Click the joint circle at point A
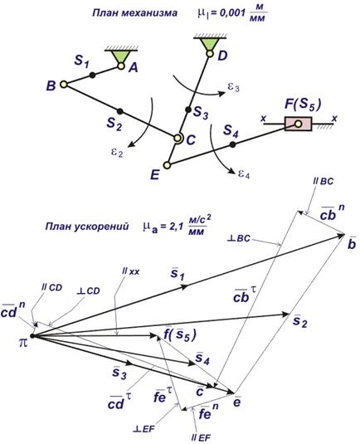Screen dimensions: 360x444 (121, 66)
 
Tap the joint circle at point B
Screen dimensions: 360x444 (64, 84)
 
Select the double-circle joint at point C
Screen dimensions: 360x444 (178, 139)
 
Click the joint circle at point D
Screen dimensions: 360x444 (209, 53)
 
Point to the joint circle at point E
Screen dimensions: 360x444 (168, 165)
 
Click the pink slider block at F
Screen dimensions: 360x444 (299, 124)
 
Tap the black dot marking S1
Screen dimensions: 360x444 (92, 75)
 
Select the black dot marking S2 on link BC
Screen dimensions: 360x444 (120, 111)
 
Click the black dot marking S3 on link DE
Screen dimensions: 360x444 (188, 110)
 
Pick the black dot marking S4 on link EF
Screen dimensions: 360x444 (232, 144)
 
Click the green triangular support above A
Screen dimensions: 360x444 (121, 56)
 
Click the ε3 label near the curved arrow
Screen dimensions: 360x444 (233, 87)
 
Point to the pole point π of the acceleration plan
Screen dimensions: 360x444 (32, 336)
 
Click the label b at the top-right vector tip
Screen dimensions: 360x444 (352, 244)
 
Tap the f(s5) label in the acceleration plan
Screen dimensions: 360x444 (180, 335)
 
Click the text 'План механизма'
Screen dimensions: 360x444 (135, 13)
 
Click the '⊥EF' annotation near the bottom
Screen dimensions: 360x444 (144, 429)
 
